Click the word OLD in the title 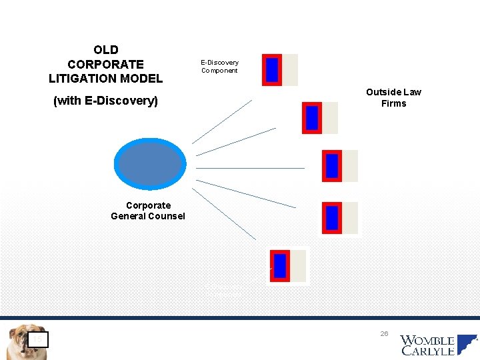(x=106, y=50)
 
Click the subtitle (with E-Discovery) (x=105, y=101)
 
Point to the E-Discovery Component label (x=219, y=66)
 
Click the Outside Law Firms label (x=393, y=97)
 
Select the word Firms (x=393, y=103)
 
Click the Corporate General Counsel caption (x=148, y=211)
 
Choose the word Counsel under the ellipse (x=167, y=216)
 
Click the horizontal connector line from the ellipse (x=251, y=168)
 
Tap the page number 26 (x=385, y=333)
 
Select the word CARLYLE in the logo (x=427, y=351)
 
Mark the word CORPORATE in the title (x=105, y=65)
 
